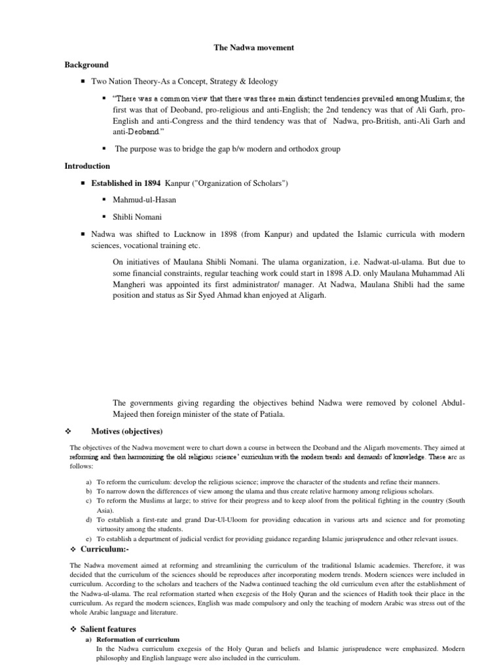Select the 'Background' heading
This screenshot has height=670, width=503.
tap(86, 65)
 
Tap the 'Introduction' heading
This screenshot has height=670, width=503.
tap(87, 166)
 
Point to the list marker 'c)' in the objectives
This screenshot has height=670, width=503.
tap(88, 501)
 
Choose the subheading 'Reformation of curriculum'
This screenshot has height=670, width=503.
tap(138, 639)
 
